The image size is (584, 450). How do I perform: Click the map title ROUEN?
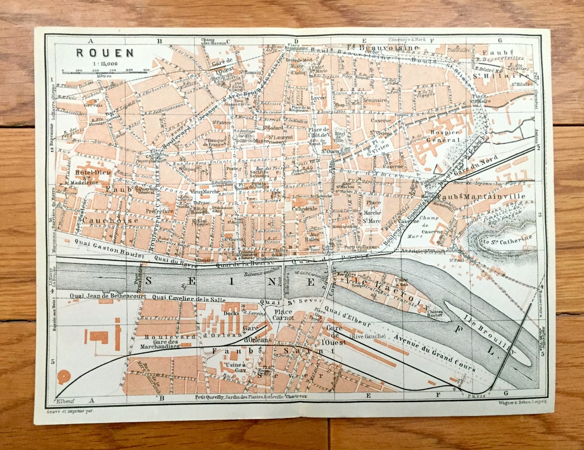97,53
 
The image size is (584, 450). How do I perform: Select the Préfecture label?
161,211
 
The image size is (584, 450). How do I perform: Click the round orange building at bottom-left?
64,377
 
